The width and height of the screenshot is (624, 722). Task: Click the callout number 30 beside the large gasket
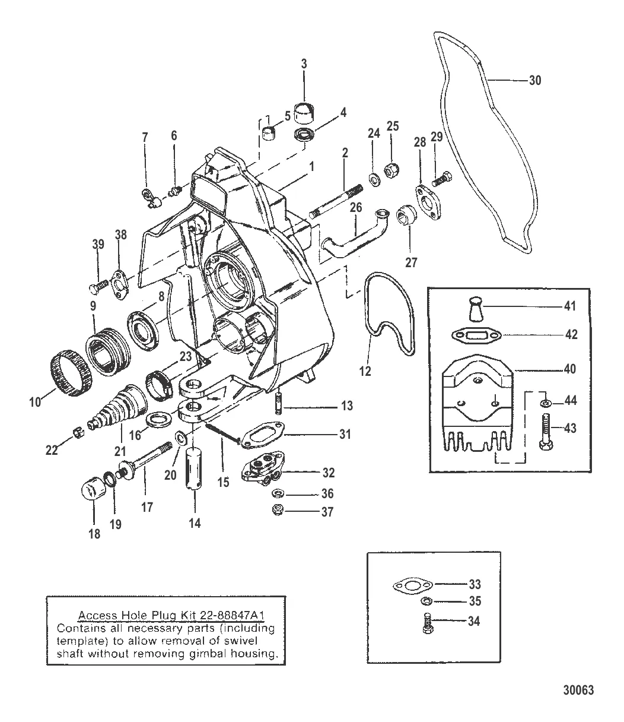pos(534,80)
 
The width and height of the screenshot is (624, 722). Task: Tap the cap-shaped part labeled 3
pos(304,111)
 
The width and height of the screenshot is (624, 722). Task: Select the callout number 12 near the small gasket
pos(365,371)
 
